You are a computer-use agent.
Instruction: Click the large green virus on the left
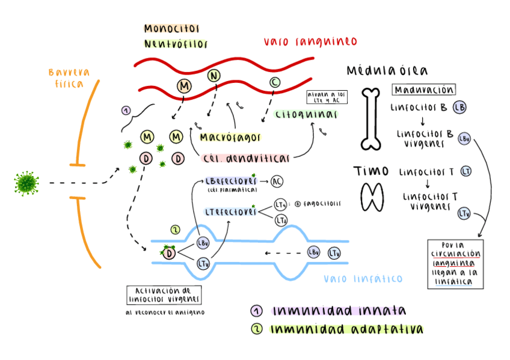click(x=26, y=183)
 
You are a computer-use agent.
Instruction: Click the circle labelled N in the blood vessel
click(x=214, y=76)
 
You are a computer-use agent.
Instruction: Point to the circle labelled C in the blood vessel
click(x=274, y=82)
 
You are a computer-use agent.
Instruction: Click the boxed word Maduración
click(x=423, y=90)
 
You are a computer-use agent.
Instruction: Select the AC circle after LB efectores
click(x=277, y=181)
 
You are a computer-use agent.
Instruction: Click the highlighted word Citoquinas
click(x=297, y=114)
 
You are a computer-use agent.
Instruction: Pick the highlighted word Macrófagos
click(x=231, y=138)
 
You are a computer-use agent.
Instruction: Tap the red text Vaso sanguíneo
click(x=310, y=41)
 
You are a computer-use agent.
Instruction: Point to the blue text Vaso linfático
click(x=363, y=279)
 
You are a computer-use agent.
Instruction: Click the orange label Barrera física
click(x=68, y=78)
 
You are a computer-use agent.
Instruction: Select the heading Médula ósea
click(x=387, y=71)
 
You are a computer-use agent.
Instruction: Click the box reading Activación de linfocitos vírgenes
click(x=164, y=294)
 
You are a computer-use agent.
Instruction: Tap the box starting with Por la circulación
click(x=455, y=264)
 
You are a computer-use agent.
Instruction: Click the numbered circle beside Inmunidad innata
click(x=257, y=311)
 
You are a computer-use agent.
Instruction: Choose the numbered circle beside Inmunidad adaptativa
click(x=257, y=329)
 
